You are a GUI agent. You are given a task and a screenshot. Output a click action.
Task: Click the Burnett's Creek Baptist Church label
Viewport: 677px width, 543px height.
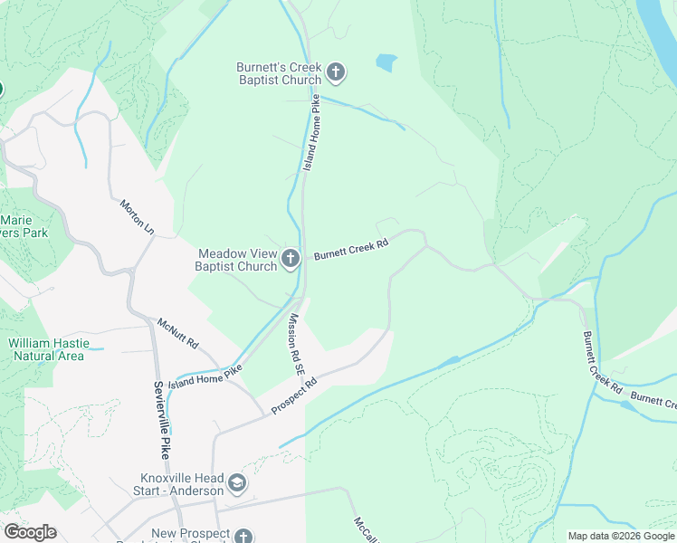tap(279, 73)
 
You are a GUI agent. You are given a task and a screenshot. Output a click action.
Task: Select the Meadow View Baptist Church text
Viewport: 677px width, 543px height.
tap(237, 260)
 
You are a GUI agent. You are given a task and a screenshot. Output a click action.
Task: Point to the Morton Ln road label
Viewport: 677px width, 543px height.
tap(137, 218)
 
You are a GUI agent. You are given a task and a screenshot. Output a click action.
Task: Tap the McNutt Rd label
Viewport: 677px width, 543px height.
tap(177, 334)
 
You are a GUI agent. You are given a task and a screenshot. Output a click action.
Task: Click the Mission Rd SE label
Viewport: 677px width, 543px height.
tap(295, 346)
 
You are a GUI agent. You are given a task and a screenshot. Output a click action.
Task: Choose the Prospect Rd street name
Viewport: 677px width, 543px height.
tap(294, 396)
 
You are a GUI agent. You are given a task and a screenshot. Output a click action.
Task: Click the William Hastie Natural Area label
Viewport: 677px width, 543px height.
tap(46, 349)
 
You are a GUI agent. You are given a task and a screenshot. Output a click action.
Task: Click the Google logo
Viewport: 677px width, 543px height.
tap(29, 532)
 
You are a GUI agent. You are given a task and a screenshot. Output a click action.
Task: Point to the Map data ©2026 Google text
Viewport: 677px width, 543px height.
tap(620, 536)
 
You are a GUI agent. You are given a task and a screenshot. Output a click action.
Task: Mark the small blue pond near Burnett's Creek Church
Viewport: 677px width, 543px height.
tap(386, 63)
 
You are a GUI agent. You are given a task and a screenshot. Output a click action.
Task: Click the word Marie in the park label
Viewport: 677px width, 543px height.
tap(16, 220)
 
